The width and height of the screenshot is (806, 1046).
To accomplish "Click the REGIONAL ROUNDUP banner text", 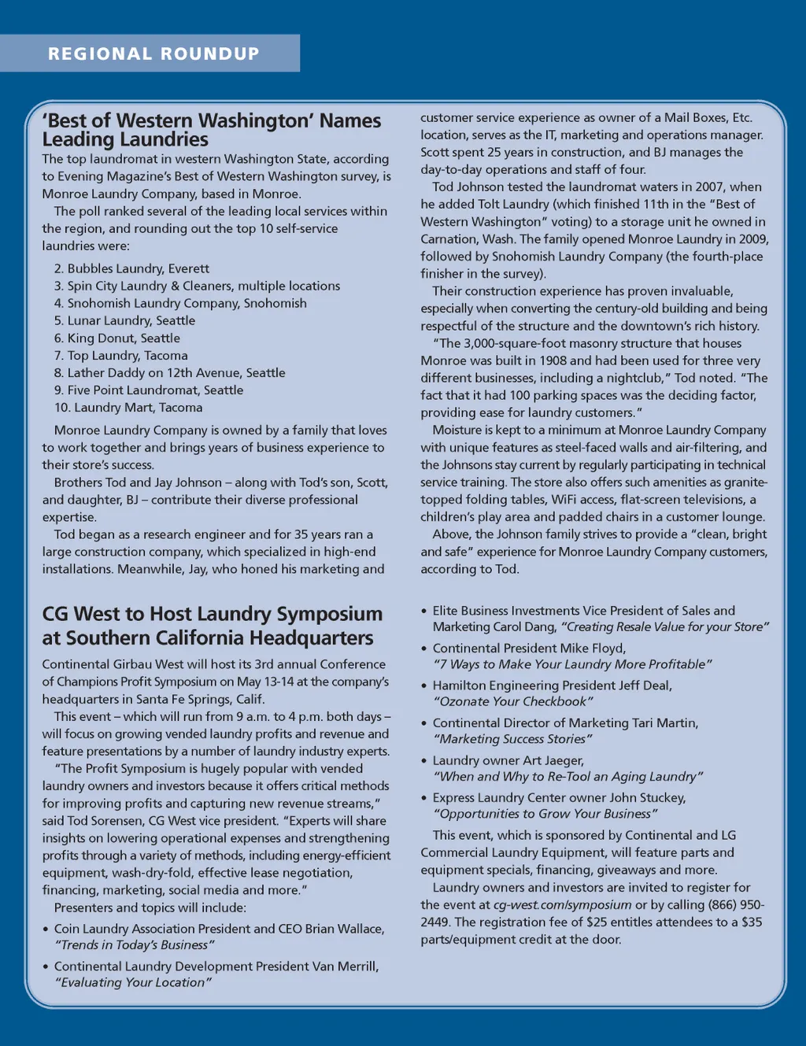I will click(153, 54).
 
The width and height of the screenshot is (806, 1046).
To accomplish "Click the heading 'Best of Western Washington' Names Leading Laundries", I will click(211, 130).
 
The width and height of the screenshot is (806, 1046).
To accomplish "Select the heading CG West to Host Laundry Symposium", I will click(212, 614).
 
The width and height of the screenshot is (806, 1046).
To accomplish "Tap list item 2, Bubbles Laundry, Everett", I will click(131, 268).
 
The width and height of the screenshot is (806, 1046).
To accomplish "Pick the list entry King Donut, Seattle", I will click(117, 338).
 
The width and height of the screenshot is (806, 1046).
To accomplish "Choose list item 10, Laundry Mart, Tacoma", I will click(128, 407).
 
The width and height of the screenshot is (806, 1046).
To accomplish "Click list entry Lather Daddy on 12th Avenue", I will click(169, 372).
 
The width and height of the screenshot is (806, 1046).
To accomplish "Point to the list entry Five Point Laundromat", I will click(149, 390).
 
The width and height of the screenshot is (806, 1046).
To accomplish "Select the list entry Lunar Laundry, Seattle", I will click(124, 320).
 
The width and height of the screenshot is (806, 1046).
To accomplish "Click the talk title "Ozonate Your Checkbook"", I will click(512, 701).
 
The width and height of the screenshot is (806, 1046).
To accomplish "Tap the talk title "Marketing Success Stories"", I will click(512, 739).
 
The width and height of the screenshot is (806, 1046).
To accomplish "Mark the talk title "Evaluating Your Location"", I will click(132, 982).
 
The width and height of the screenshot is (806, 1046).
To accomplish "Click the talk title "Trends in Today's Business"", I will click(134, 944).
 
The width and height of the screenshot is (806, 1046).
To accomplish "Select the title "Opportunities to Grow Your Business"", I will click(545, 814).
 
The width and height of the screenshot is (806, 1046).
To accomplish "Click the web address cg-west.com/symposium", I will click(562, 904).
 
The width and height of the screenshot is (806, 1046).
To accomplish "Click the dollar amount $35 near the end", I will click(752, 922).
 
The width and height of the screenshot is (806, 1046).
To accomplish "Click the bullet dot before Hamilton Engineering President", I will click(424, 686).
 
